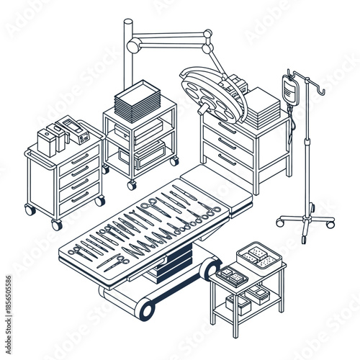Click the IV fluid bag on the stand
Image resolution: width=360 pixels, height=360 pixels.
[x=291, y=92]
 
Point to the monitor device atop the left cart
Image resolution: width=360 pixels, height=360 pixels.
[x=73, y=130]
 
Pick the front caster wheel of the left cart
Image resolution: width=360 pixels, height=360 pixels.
[x=56, y=225]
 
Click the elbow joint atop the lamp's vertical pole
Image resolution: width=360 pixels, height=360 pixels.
[x=132, y=45]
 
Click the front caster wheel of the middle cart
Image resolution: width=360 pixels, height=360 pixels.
[x=132, y=185]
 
